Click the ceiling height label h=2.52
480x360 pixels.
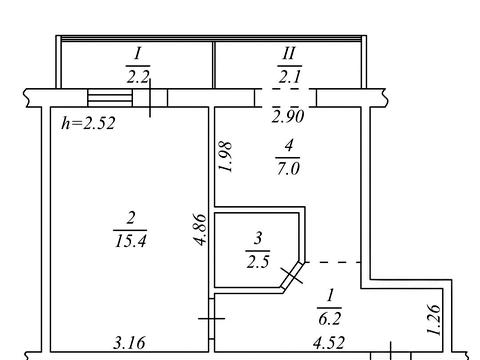pyautogui.click(x=88, y=123)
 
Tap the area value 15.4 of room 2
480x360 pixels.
pyautogui.click(x=130, y=240)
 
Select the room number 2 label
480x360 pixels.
pyautogui.click(x=131, y=219)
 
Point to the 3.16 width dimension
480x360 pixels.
pyautogui.click(x=129, y=343)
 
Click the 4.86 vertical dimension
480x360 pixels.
pyautogui.click(x=201, y=229)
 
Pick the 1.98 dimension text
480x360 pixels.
pyautogui.click(x=225, y=157)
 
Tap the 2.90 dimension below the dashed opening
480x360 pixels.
pyautogui.click(x=288, y=117)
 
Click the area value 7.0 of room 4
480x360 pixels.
pyautogui.click(x=288, y=168)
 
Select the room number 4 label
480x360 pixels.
pyautogui.click(x=289, y=146)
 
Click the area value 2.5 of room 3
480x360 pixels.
pyautogui.click(x=258, y=262)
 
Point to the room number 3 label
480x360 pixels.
pyautogui.click(x=258, y=239)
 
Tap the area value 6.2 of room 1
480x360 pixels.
pyautogui.click(x=329, y=319)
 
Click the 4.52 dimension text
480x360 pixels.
pyautogui.click(x=329, y=343)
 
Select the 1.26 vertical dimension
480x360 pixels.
pyautogui.click(x=434, y=319)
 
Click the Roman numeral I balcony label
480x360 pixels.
pyautogui.click(x=138, y=54)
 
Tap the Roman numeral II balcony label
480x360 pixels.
pyautogui.click(x=289, y=54)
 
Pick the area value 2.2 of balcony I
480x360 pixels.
pyautogui.click(x=138, y=77)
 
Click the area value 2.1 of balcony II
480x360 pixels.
pyautogui.click(x=290, y=77)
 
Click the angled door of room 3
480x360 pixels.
pyautogui.click(x=292, y=276)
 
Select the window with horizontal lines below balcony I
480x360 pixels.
pyautogui.click(x=110, y=98)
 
